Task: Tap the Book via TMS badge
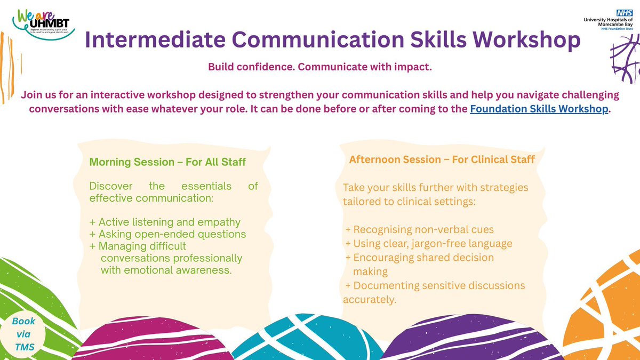[x=24, y=333]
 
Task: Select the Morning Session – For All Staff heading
[x=167, y=162]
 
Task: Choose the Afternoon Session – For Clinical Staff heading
[x=442, y=159]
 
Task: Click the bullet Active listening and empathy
[x=165, y=222]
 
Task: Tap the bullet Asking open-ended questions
[x=167, y=234]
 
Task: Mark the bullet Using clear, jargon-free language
[x=429, y=244]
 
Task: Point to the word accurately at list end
[x=369, y=300]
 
